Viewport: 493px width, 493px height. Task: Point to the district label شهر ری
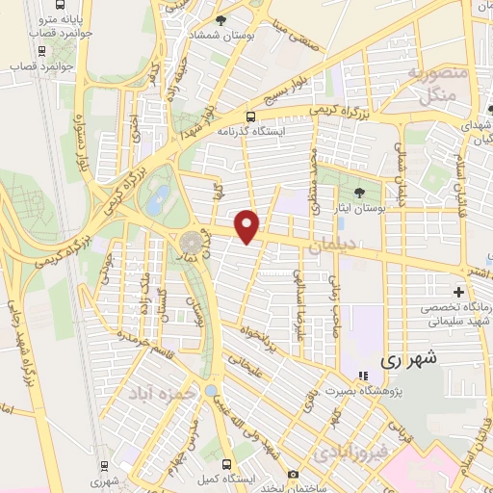(x=408, y=358)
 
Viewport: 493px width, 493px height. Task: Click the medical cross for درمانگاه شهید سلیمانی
(x=458, y=291)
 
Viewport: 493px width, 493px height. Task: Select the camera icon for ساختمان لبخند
(x=293, y=475)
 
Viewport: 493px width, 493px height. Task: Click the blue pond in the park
(x=157, y=198)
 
